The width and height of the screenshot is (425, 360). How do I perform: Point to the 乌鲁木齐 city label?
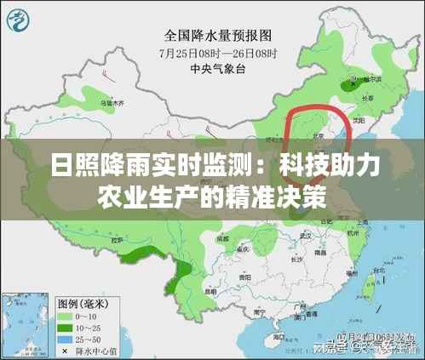click(x=112, y=103)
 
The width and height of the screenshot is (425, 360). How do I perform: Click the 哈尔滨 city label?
click(x=373, y=77)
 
